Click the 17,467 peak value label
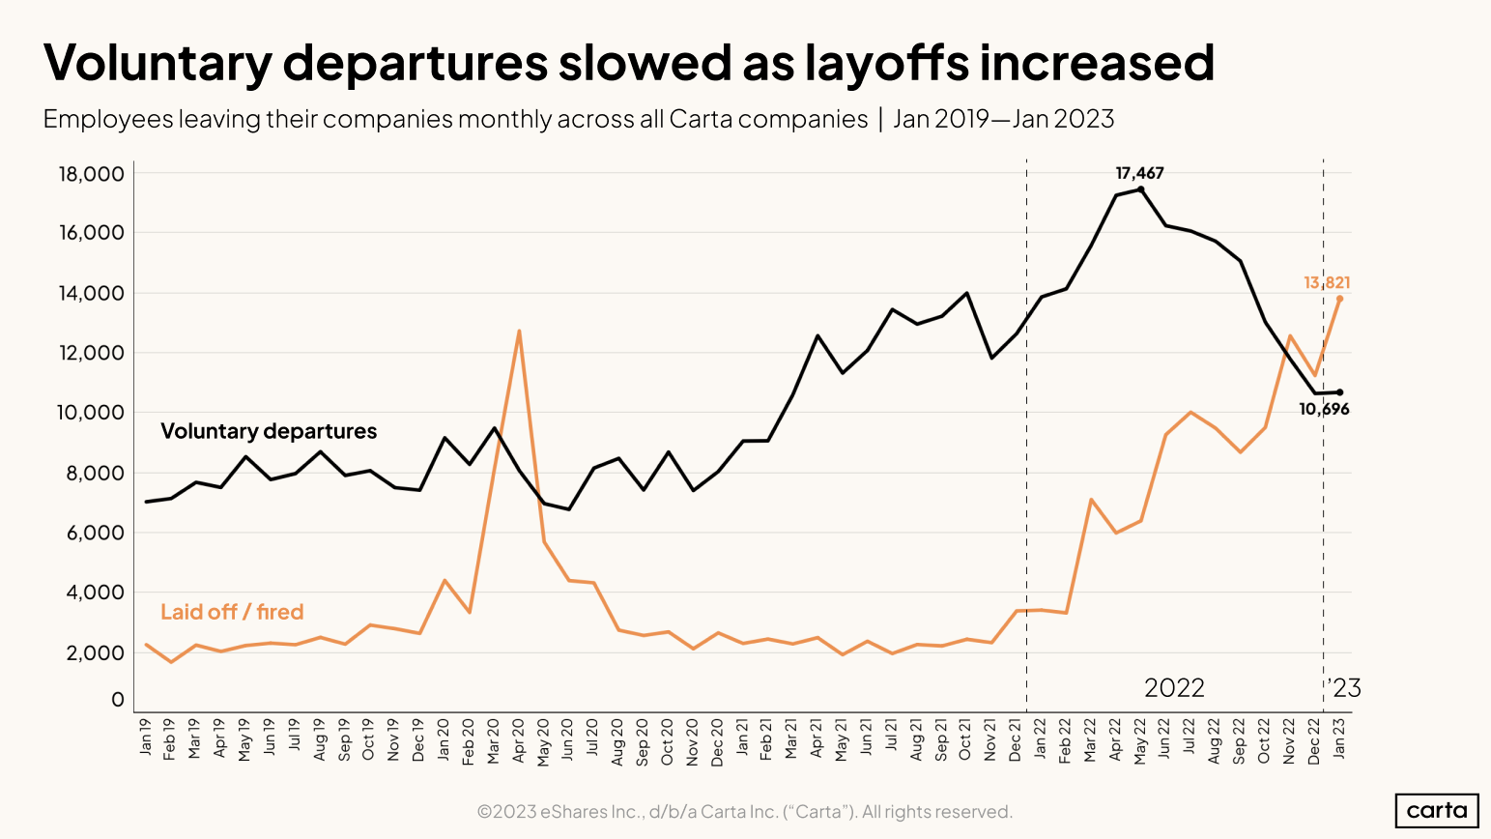1139,174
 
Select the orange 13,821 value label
1326,283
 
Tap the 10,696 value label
1323,410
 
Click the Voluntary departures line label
269,431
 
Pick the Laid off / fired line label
232,612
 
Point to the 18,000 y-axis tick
92,174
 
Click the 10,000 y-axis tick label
92,413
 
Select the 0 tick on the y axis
118,699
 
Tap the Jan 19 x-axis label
146,736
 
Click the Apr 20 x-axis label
519,741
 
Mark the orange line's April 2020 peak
519,332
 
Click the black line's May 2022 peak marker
1140,189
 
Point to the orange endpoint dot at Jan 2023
1339,299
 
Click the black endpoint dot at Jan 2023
1339,392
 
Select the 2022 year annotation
1174,688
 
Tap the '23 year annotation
1344,688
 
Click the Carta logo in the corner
1436,810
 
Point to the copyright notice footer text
745,812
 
